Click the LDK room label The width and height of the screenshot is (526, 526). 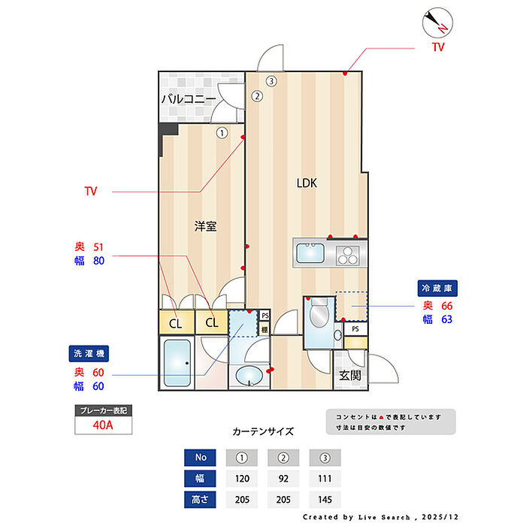[x=307, y=183]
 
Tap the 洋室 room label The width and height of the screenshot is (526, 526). [x=205, y=226]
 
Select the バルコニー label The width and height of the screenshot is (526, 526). [x=189, y=99]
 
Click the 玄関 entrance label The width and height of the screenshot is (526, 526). [x=350, y=376]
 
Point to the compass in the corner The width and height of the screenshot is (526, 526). [x=437, y=23]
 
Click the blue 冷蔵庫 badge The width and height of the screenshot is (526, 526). [x=437, y=288]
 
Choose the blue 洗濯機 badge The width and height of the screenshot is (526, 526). [x=89, y=354]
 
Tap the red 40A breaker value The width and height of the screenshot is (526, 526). [x=103, y=425]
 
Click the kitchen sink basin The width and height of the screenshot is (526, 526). [x=310, y=253]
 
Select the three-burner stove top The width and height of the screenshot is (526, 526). [x=347, y=255]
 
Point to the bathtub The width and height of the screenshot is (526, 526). [x=177, y=363]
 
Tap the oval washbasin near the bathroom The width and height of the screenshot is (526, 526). [x=249, y=376]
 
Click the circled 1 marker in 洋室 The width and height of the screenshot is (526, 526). [x=222, y=133]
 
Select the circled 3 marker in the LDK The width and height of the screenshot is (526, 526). [x=271, y=81]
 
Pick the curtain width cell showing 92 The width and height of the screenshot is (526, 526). [x=283, y=479]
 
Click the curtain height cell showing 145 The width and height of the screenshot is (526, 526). [x=325, y=500]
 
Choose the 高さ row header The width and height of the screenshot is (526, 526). [x=200, y=500]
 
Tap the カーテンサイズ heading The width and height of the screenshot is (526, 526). [x=263, y=431]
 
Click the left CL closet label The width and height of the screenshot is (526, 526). [x=175, y=324]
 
